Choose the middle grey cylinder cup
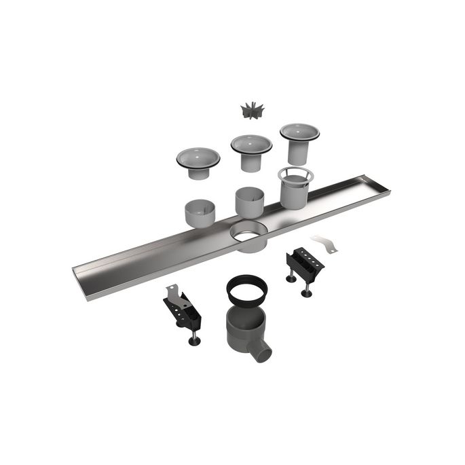click(250, 202)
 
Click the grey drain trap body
click(243, 326)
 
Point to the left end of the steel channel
click(81, 272)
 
